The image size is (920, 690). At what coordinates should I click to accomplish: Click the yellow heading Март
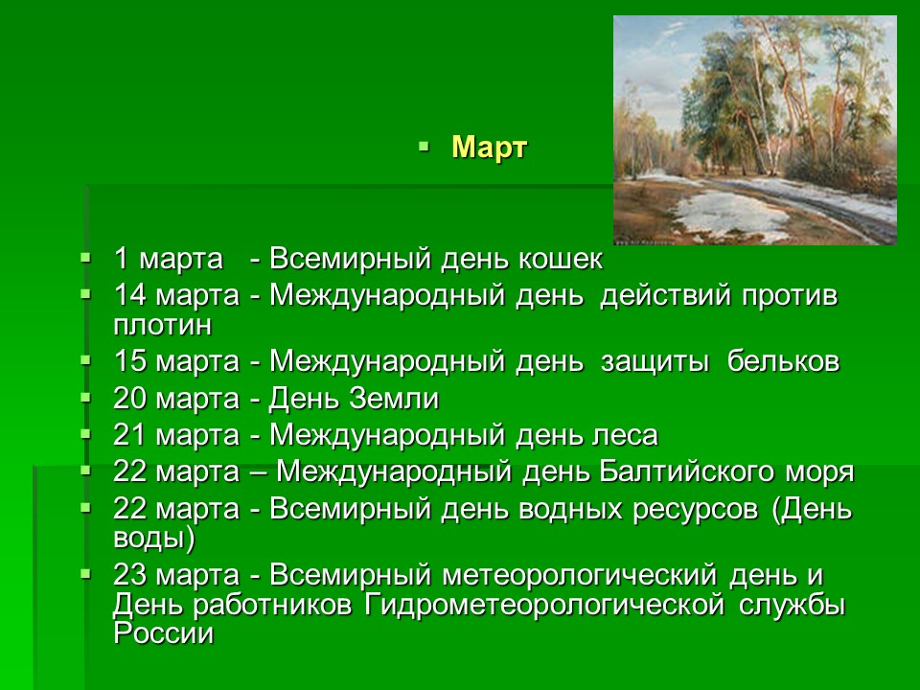point(490,148)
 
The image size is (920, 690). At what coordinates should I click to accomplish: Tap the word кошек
point(561,259)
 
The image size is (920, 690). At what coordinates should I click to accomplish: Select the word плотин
point(163,325)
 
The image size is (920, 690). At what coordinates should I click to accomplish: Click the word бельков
point(783,360)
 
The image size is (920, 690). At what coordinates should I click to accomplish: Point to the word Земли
point(394,399)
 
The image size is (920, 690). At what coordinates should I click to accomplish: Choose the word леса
point(624,435)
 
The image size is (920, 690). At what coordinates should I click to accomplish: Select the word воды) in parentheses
point(153,539)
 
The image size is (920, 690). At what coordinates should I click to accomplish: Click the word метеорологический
point(579,574)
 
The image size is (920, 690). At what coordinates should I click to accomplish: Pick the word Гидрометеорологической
point(544,605)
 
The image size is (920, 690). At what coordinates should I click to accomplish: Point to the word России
point(164,633)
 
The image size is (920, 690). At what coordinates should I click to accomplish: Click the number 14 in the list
point(129,294)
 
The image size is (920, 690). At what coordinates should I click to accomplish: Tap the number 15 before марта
point(129,360)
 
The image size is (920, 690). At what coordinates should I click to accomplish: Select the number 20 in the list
point(129,399)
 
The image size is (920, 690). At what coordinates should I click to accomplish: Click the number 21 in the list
point(129,435)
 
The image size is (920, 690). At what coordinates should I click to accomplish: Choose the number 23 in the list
point(129,574)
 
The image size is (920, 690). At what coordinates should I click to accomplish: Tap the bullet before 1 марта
point(86,257)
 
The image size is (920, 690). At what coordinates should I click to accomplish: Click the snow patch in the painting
point(730,213)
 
